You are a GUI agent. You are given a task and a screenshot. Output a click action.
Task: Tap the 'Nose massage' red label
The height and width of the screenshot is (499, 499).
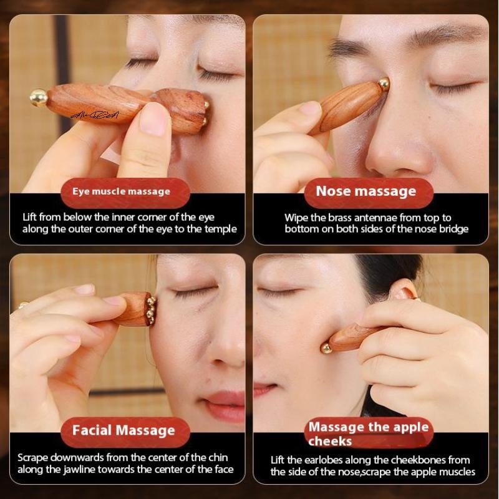366,191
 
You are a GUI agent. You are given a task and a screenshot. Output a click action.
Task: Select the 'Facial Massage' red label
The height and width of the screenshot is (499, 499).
124,430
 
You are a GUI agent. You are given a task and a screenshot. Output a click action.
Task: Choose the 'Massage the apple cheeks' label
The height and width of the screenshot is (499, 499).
369,434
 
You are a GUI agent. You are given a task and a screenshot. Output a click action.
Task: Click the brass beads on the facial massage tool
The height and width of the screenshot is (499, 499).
150,307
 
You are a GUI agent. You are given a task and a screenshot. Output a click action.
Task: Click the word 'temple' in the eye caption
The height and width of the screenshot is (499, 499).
221,229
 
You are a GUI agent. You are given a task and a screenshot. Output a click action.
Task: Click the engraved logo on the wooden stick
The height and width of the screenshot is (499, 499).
92,114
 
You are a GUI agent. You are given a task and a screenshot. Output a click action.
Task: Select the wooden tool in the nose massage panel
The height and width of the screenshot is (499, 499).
351,104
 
